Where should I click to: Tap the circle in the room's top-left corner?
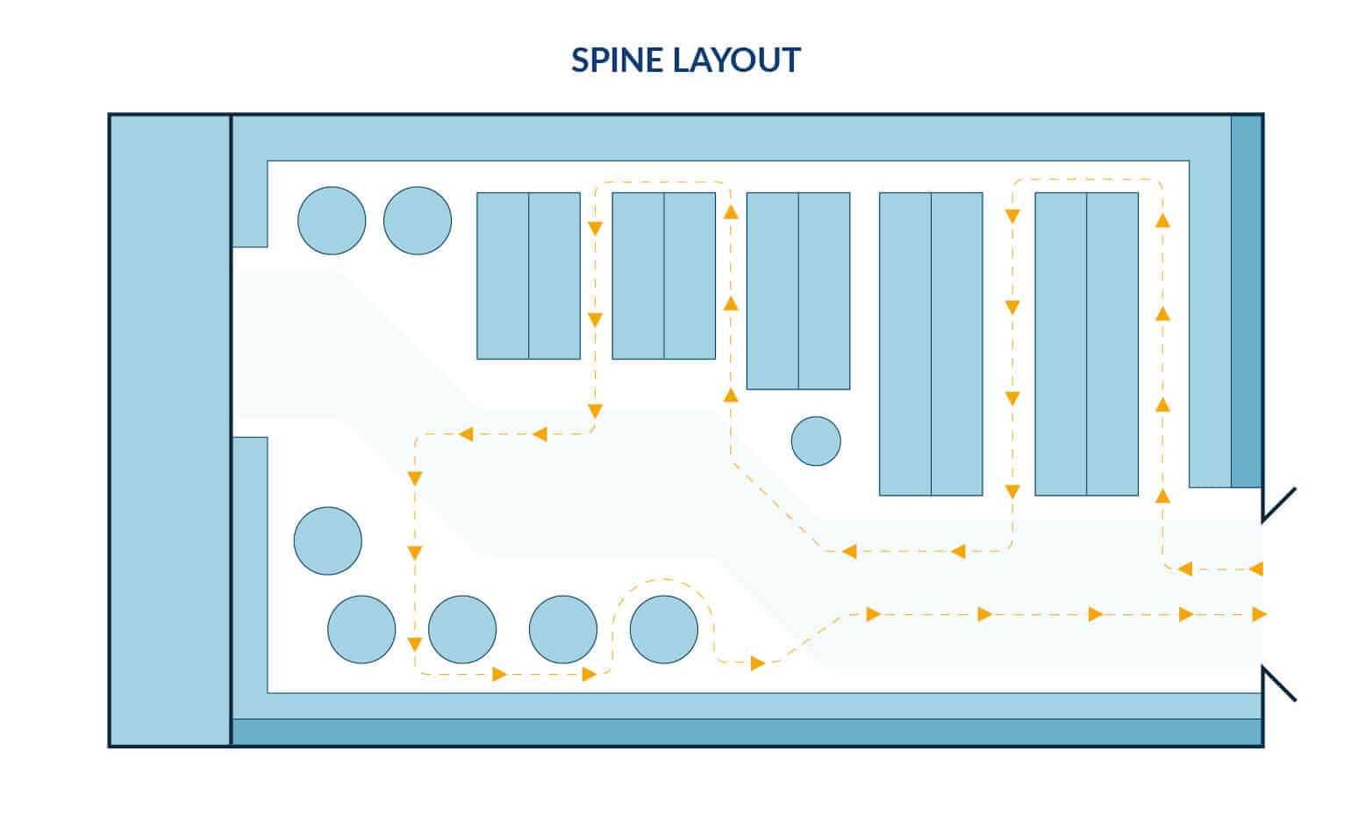point(332,221)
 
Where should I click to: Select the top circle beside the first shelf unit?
point(418,221)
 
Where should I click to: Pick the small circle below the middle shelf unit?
point(816,441)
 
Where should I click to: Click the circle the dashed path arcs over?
point(664,629)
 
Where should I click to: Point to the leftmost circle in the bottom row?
point(361,629)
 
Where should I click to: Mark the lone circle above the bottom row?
point(327,540)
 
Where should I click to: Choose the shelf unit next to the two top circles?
point(528,276)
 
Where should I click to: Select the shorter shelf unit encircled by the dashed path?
point(663,276)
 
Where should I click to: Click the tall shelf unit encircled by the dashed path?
point(1086,344)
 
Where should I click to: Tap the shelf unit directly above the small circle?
point(797,290)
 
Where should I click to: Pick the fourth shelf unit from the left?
point(931,344)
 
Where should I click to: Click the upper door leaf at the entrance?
point(1279,505)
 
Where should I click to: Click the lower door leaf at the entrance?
point(1279,683)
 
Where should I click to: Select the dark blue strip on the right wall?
point(1246,301)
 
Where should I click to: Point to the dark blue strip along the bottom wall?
point(746,732)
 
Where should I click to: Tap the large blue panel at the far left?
point(169,430)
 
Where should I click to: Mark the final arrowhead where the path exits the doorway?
point(1260,614)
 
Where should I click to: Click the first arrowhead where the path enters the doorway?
point(1256,569)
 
